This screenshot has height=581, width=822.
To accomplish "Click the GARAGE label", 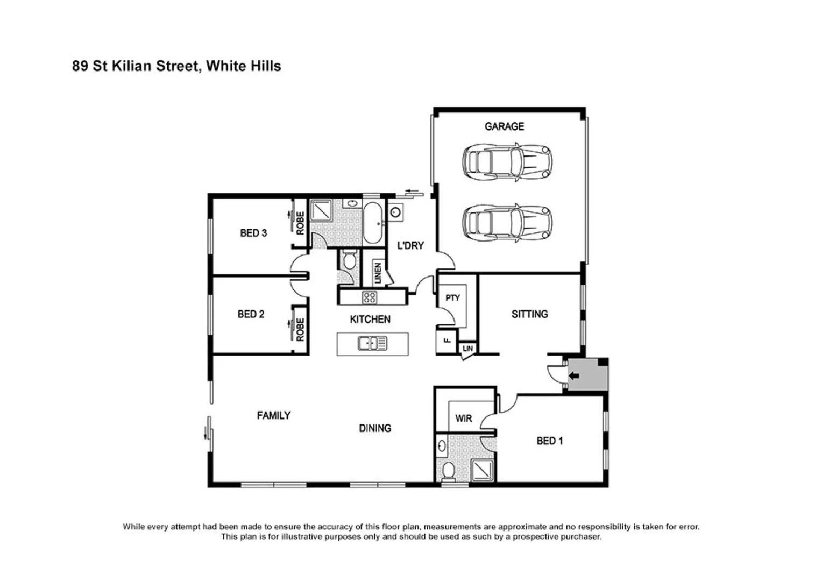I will click(504, 126).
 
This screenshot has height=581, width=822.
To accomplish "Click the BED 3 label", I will click(253, 233).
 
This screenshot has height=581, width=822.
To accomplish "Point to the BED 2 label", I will click(251, 314).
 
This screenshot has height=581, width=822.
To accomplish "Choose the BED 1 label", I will click(549, 441).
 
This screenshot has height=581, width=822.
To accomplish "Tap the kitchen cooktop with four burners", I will click(369, 297).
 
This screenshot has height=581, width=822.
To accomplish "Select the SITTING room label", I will click(529, 314).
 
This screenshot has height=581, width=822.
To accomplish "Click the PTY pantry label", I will click(452, 298).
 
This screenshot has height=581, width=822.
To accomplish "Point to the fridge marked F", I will click(446, 341).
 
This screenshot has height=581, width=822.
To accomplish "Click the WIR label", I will click(463, 419).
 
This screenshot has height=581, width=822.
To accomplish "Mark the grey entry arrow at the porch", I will click(574, 376).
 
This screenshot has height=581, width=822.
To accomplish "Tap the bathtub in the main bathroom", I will click(372, 223).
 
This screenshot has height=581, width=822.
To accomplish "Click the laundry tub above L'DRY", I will click(395, 212).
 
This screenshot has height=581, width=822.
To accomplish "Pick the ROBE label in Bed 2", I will click(300, 329).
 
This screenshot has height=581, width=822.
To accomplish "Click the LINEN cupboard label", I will click(378, 273).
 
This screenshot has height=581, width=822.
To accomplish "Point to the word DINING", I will click(375, 428).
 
